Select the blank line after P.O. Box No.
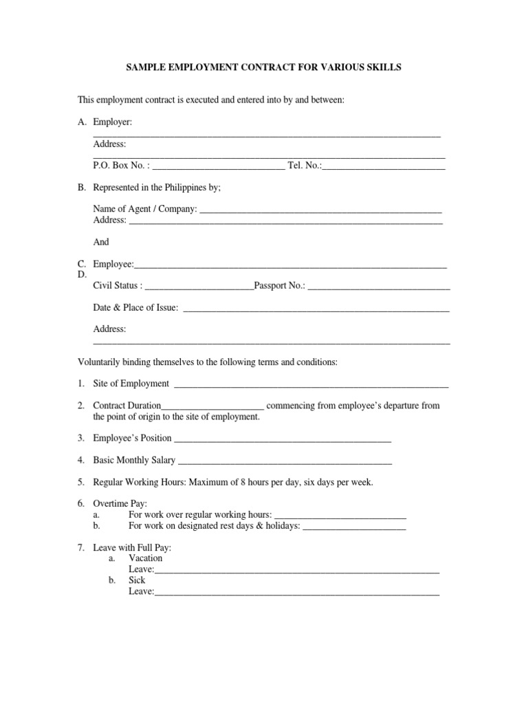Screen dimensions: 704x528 pos(217,166)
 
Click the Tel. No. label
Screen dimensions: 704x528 pos(305,166)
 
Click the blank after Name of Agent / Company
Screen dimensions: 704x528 pos(320,209)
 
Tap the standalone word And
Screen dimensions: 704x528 pos(101,242)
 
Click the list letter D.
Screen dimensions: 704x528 pos(82,274)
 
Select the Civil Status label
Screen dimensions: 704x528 pos(118,285)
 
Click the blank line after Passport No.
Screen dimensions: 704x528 pos(379,286)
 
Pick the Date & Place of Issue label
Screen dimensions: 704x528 pos(135,307)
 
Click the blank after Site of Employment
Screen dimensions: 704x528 pos(312,384)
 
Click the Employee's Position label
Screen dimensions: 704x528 pos(132,438)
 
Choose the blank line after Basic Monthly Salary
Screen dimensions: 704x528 pos(285,461)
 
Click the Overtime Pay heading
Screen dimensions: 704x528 pos(120,504)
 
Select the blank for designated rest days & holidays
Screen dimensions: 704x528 pos(354,527)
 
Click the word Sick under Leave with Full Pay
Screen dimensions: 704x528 pos(137,580)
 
